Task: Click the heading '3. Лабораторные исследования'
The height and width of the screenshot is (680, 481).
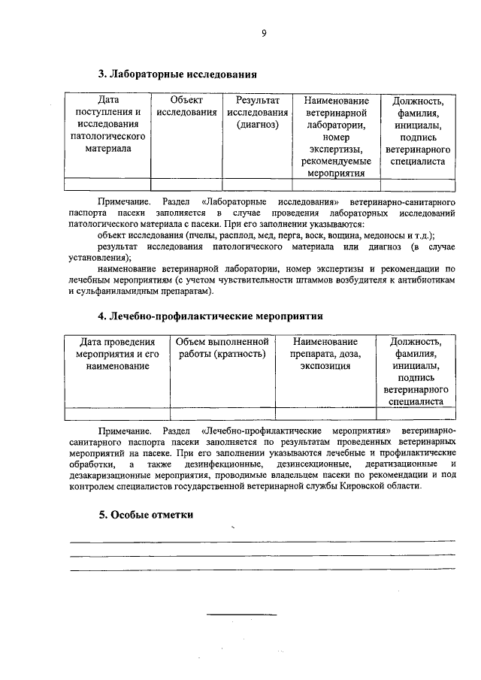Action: pos(177,74)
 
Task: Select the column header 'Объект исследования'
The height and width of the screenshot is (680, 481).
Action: pos(186,105)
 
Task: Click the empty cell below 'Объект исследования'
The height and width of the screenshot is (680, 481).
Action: pos(186,184)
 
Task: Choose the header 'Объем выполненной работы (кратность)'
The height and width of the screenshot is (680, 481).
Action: pos(222,348)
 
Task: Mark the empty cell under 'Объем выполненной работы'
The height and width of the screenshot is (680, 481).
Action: pos(222,413)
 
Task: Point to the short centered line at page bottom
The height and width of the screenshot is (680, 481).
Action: pos(242,614)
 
